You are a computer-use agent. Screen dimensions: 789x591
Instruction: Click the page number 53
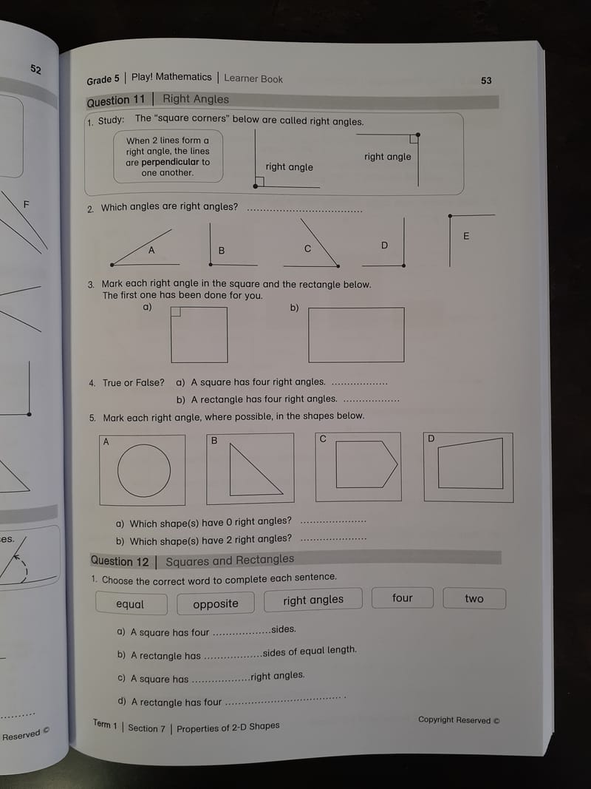click(x=486, y=81)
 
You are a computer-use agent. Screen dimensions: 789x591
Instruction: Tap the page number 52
click(x=35, y=69)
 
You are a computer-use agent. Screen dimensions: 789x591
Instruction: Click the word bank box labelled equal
click(x=131, y=604)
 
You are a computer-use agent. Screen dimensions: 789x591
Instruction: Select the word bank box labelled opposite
click(x=216, y=603)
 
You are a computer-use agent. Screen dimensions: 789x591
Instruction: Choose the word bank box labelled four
click(x=403, y=598)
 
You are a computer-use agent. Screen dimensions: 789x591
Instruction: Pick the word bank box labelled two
click(x=474, y=598)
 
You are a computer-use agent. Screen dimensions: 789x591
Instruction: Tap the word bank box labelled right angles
click(x=313, y=600)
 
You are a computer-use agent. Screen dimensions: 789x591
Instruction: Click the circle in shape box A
click(x=143, y=470)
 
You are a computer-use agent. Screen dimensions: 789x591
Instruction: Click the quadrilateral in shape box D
click(x=471, y=464)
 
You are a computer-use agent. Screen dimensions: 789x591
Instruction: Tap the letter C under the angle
click(x=308, y=249)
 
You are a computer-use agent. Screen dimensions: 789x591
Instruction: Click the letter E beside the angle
click(x=466, y=236)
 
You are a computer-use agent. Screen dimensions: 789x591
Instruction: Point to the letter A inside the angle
click(x=151, y=251)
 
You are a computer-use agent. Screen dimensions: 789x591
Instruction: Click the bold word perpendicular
click(x=171, y=162)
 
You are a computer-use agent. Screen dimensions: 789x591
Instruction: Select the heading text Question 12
click(x=120, y=561)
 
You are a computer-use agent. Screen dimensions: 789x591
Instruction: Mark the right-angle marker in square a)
click(x=175, y=312)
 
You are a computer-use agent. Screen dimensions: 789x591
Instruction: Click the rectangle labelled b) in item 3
click(x=356, y=334)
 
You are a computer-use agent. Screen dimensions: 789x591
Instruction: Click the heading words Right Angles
click(x=196, y=99)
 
